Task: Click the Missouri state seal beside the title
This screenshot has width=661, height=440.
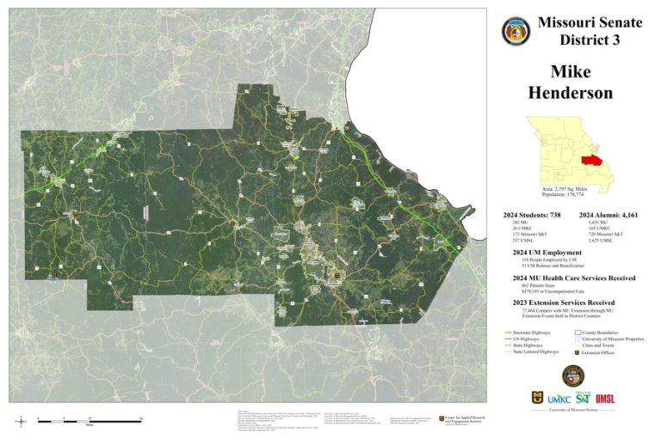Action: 516,31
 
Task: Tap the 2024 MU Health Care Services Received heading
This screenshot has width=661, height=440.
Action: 574,278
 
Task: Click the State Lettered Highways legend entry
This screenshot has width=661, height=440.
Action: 535,351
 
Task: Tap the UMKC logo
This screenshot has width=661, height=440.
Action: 559,399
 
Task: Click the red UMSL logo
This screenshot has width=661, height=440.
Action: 605,399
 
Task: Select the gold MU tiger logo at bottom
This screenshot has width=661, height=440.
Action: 538,399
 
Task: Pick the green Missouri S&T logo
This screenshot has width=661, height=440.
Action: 583,397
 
